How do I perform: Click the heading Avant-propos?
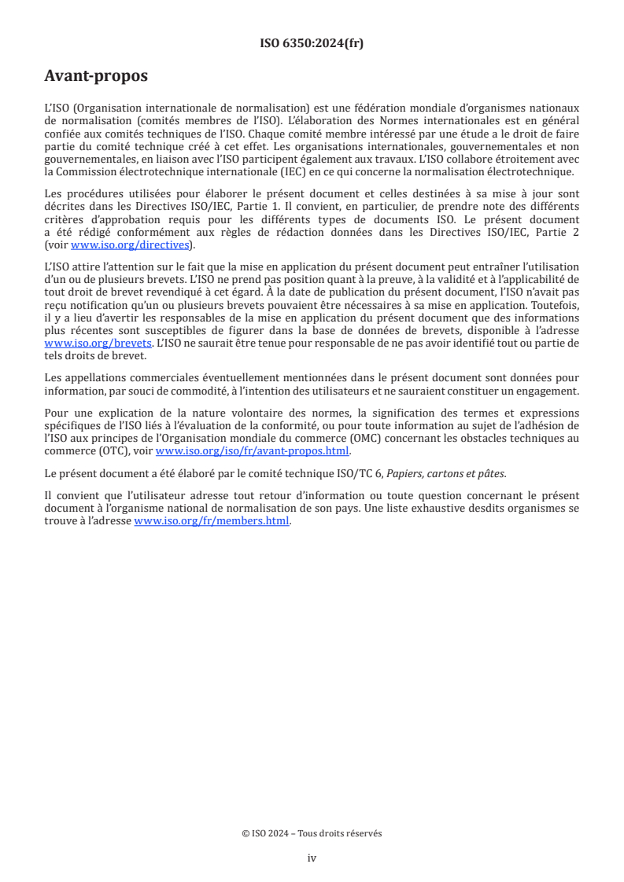tap(96, 77)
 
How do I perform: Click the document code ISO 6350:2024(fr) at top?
tap(312, 43)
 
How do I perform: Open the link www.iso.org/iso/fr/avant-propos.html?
tap(253, 451)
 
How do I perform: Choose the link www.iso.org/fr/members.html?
tap(212, 520)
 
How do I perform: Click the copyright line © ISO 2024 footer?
tap(312, 833)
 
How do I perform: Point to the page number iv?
tap(312, 858)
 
